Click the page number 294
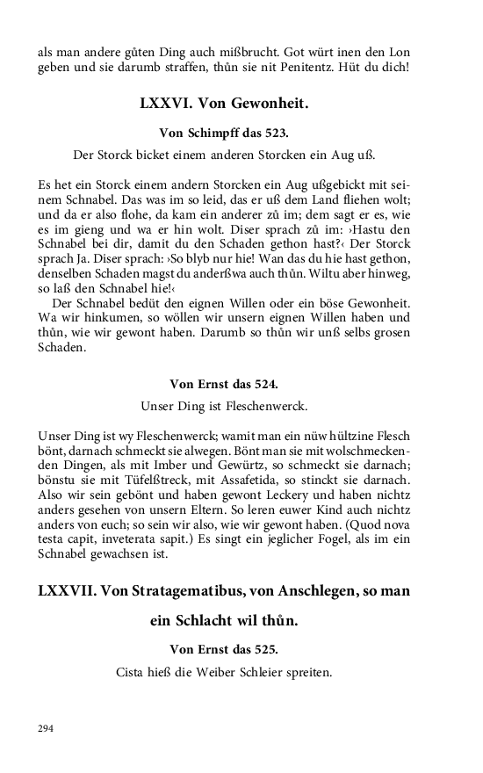(46, 728)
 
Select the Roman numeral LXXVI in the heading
(164, 104)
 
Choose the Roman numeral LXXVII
(67, 591)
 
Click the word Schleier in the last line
(263, 674)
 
